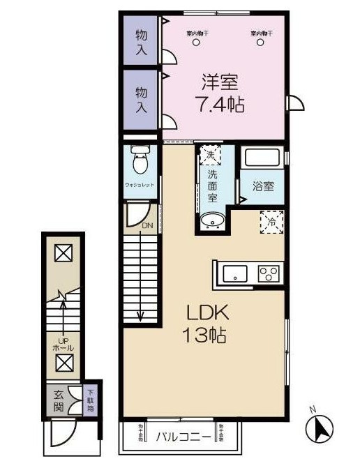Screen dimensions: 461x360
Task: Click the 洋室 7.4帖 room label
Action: tap(221, 93)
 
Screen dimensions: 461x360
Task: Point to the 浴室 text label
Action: tap(262, 186)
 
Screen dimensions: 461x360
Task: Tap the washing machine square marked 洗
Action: tap(210, 155)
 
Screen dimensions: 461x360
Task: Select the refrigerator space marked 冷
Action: tap(271, 220)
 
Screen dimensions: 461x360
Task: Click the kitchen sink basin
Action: tap(236, 273)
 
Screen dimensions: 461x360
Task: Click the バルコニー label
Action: tap(178, 437)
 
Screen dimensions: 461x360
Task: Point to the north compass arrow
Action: tap(320, 425)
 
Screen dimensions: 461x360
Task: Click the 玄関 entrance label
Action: tap(59, 400)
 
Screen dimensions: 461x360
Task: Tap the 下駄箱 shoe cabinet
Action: tap(91, 400)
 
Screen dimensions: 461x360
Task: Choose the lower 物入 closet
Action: tap(142, 99)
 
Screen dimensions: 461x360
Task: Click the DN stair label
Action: tap(147, 226)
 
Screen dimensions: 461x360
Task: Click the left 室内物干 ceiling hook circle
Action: tap(196, 43)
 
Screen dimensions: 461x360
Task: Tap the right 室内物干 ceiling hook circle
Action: tap(261, 43)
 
